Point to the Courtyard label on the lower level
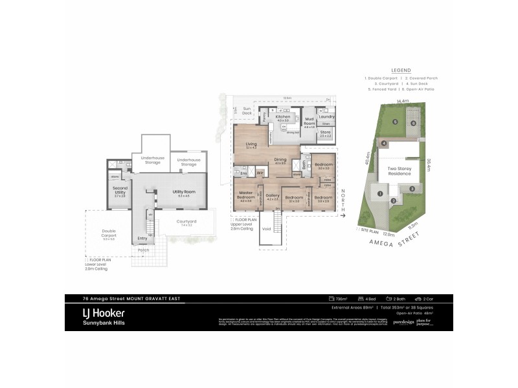pyautogui.click(x=186, y=222)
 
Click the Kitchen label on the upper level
pyautogui.click(x=283, y=118)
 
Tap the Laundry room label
pyautogui.click(x=327, y=116)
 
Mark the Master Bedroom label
pyautogui.click(x=247, y=195)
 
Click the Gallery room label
pyautogui.click(x=273, y=196)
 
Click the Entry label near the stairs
pyautogui.click(x=142, y=239)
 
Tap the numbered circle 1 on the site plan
pyautogui.click(x=381, y=193)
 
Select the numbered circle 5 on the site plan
pyautogui.click(x=394, y=122)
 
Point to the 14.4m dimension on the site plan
pyautogui.click(x=403, y=102)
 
